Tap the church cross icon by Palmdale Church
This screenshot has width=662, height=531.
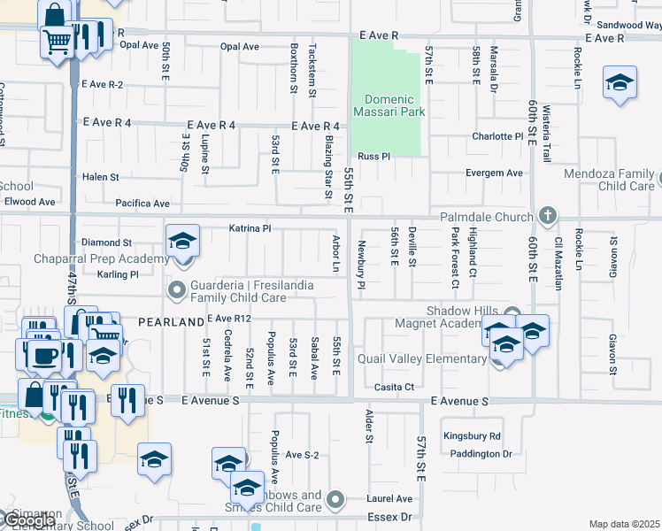point(548,216)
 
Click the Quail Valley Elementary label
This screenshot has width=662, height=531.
point(422,358)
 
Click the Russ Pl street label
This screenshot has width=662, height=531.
point(373,157)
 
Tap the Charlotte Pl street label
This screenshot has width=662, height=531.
point(497,136)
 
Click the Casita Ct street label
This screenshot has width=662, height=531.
point(395,388)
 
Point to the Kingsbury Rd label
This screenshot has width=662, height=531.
point(472,436)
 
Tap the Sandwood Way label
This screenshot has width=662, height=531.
point(628,26)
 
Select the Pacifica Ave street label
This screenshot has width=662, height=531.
point(142,204)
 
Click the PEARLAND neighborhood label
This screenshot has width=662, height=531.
point(171,323)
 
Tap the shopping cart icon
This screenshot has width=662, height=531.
point(57,41)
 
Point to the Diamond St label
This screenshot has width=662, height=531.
point(106,242)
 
